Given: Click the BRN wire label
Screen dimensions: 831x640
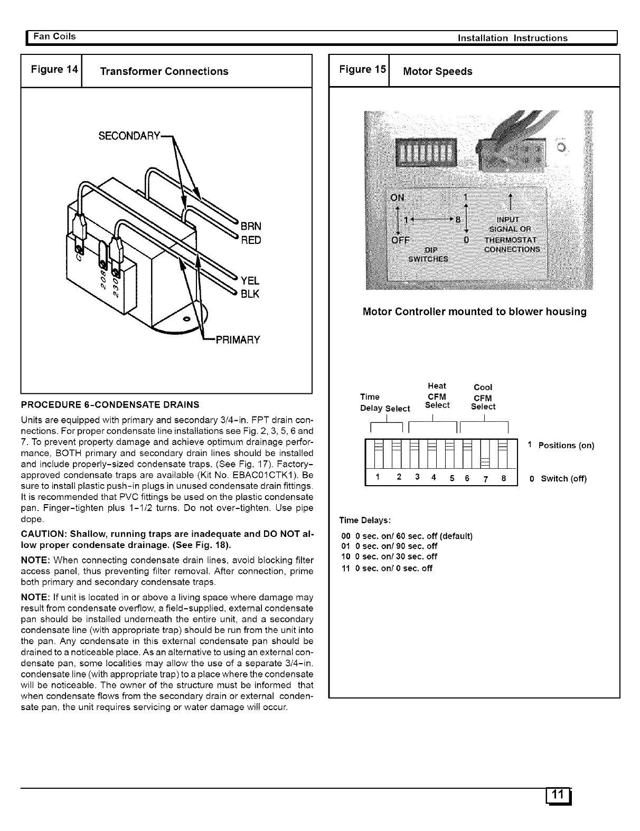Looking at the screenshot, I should click(x=250, y=226).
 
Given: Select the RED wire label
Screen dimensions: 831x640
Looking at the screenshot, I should click(x=250, y=240).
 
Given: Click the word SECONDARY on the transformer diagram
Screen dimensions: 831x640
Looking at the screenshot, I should click(x=129, y=136).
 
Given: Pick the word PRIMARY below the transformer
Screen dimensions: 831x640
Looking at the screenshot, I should click(x=236, y=339).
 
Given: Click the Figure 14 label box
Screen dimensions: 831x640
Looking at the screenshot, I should click(x=51, y=70).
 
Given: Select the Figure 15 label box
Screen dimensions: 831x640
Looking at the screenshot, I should click(x=359, y=70).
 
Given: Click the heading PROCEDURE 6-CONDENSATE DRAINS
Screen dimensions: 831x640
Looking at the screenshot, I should click(x=110, y=405).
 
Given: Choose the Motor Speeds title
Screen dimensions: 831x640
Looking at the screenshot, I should click(x=437, y=71).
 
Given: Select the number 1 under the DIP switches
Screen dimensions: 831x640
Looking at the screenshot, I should click(x=377, y=477).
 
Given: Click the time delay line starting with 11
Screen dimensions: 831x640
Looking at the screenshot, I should click(x=387, y=569).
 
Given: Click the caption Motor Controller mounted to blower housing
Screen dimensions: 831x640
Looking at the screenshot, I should click(x=474, y=311).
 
